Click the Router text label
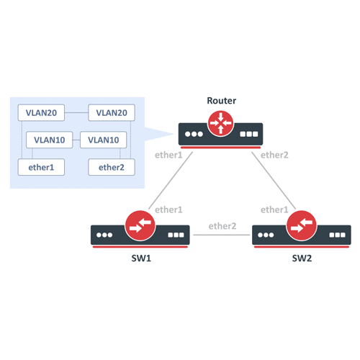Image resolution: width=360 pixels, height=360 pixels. click(220, 101)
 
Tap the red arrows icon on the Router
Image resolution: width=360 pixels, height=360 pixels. click(220, 125)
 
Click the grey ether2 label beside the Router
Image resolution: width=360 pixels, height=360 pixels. click(274, 154)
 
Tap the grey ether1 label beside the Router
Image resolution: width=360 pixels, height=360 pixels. click(168, 154)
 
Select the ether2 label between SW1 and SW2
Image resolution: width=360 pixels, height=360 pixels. click(222, 226)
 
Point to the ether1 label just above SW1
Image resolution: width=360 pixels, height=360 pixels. click(169, 210)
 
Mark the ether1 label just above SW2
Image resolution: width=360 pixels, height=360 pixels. click(274, 210)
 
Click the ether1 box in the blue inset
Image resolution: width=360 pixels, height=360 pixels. click(40, 168)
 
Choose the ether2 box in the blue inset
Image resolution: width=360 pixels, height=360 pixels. click(111, 168)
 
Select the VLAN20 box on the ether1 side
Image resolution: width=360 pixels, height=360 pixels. click(40, 113)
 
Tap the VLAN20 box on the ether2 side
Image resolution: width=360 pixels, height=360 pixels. click(111, 113)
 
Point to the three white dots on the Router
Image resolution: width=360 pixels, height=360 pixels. click(193, 134)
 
